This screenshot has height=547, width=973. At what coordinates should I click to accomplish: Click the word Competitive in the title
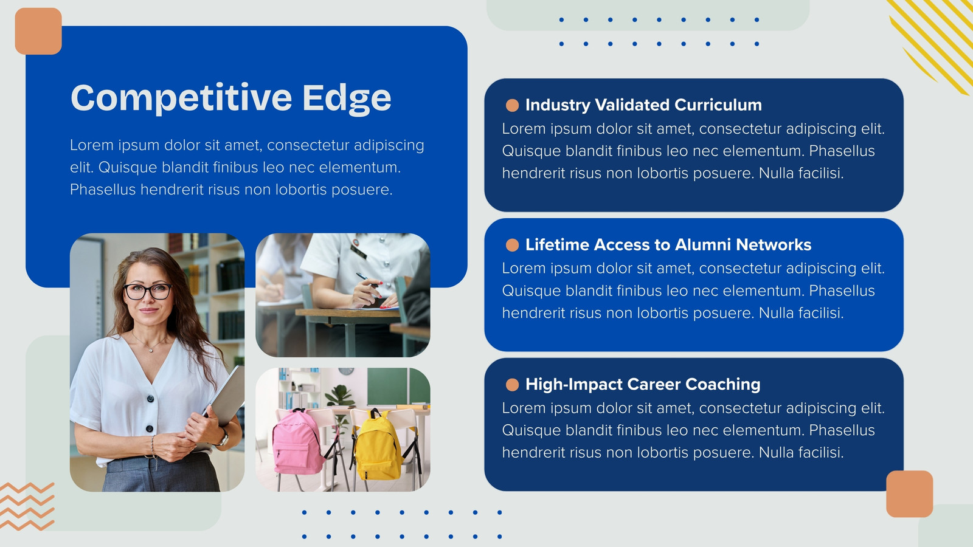(181, 98)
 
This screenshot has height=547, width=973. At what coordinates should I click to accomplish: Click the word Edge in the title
(347, 98)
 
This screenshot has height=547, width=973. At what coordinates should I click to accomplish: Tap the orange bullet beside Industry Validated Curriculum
(512, 106)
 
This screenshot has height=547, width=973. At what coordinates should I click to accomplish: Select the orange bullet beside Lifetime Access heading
(512, 246)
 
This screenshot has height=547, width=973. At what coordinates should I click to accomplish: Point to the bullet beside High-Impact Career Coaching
(512, 385)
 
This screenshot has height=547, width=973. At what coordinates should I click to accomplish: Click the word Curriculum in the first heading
(718, 105)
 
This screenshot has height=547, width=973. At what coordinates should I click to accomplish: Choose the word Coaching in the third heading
(723, 385)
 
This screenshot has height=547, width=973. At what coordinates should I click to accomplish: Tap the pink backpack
(298, 442)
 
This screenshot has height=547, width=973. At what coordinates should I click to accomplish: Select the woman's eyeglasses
(148, 292)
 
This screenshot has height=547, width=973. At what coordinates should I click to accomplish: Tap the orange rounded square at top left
(38, 31)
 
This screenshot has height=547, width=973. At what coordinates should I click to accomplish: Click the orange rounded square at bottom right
(910, 494)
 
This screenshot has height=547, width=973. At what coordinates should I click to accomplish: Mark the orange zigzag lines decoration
(27, 506)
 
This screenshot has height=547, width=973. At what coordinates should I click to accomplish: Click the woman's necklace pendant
(150, 350)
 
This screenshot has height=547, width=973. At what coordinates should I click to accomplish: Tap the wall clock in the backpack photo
(346, 371)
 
